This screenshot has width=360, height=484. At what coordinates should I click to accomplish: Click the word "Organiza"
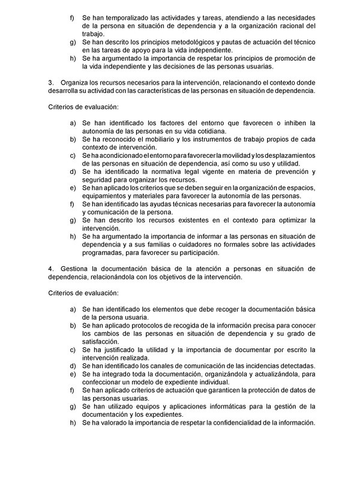pyautogui.click(x=76, y=82)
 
